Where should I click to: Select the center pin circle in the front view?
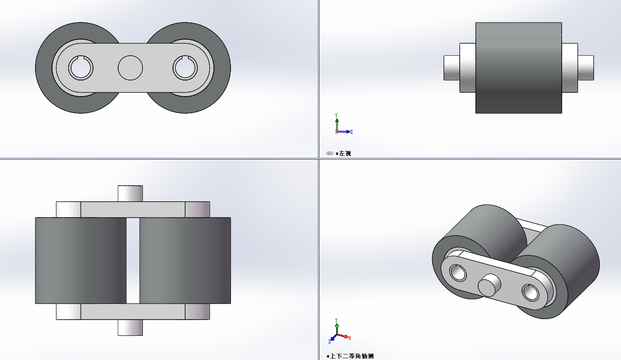pos(130,68)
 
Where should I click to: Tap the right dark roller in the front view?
pos(222,68)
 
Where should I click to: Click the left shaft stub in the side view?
pos(452,68)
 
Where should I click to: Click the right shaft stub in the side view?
pos(586,68)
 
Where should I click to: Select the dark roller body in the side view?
pos(519,68)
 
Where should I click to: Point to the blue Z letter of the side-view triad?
pos(351,132)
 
